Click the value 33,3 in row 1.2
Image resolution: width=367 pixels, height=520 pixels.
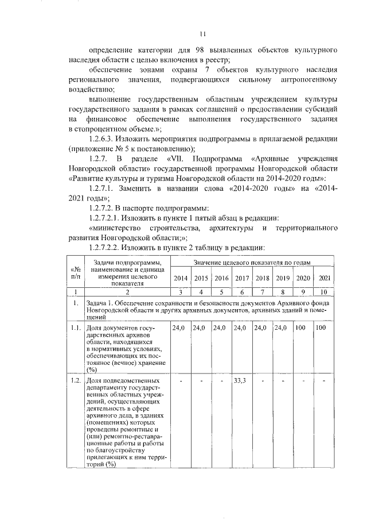click(x=241, y=380)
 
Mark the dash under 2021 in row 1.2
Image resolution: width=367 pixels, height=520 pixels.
click(x=324, y=380)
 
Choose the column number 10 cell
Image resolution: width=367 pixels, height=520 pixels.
click(x=324, y=292)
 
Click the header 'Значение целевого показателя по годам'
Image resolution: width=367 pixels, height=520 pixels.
click(x=252, y=263)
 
